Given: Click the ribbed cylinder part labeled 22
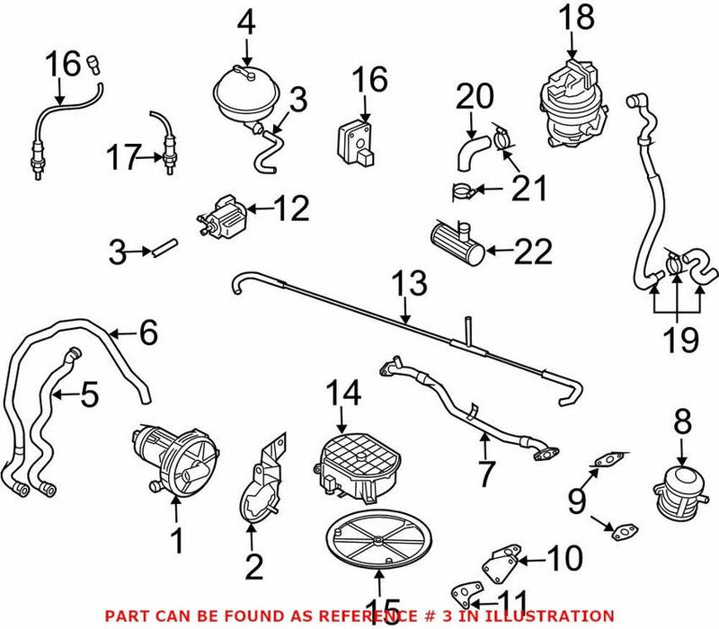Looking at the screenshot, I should [457, 241].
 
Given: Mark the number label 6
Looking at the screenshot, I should [148, 334].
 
